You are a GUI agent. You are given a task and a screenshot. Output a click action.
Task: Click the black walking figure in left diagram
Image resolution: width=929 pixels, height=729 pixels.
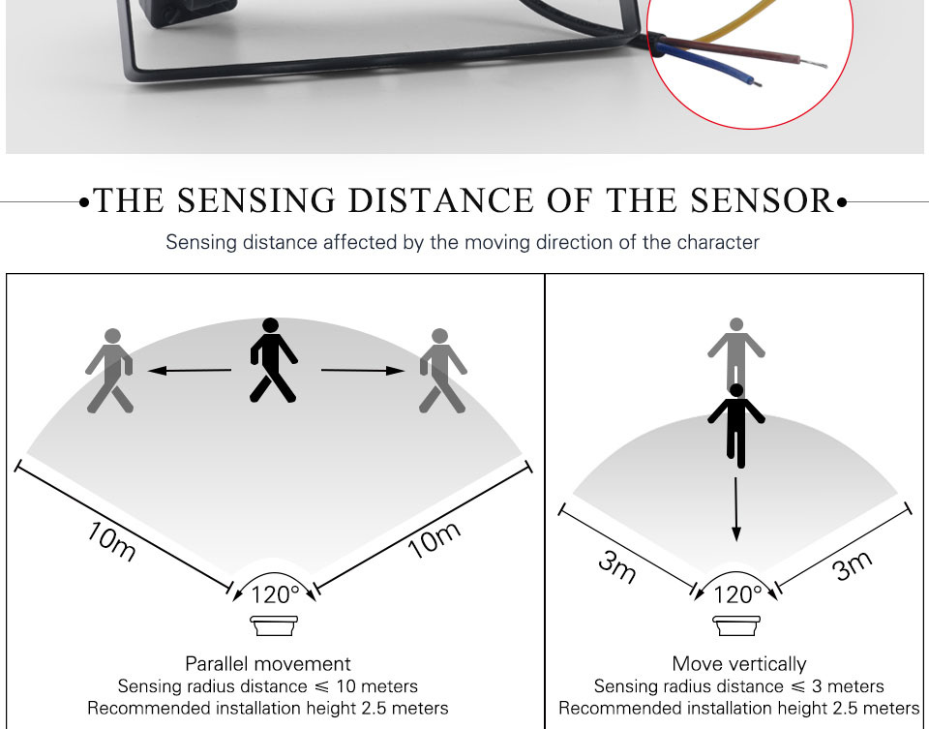[273, 360]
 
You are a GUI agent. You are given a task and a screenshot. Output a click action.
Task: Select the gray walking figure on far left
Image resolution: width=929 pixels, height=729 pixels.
[109, 371]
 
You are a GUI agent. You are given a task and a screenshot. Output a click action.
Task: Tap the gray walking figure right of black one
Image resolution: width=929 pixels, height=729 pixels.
[441, 371]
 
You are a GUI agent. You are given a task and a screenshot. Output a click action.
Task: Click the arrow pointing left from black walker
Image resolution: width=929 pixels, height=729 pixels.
[190, 370]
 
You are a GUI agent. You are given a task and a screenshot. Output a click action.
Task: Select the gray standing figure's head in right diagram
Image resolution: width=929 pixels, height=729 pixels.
[737, 324]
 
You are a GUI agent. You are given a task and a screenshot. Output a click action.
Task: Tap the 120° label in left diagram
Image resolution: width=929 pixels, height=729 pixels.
[275, 594]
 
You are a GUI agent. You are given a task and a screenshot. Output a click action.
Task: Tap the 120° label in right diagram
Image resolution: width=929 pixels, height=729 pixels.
[737, 594]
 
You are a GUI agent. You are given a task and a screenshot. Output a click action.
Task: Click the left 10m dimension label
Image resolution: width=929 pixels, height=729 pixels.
[110, 543]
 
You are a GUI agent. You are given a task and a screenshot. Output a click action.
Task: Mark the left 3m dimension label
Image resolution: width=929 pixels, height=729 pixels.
[616, 565]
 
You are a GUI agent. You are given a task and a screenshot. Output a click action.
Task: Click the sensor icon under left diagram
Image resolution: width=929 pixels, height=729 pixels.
[275, 626]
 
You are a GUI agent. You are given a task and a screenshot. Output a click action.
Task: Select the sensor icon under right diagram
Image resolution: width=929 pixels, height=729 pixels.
[737, 626]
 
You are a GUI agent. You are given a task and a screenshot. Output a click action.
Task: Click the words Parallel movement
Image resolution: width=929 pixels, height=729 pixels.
[268, 664]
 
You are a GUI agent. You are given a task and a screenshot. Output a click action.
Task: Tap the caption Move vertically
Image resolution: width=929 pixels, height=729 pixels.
[738, 664]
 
